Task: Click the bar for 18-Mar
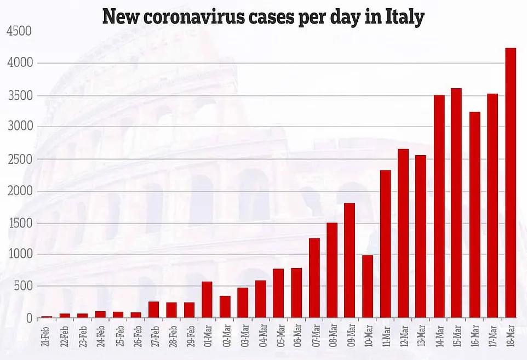pos(510,183)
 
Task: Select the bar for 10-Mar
pos(367,287)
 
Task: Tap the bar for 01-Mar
pos(207,300)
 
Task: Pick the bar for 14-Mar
pos(439,207)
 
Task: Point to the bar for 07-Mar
pos(314,278)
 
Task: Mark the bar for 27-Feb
pos(153,310)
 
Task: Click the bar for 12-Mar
pos(403,233)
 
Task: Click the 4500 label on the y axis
pos(19,32)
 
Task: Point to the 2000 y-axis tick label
pos(19,191)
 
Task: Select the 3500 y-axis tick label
pos(19,96)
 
